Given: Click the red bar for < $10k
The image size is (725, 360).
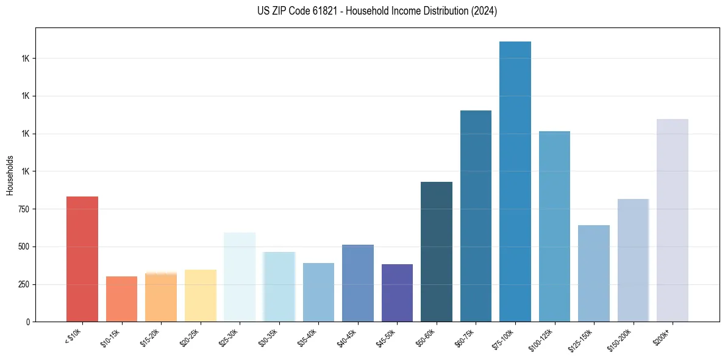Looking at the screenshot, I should click(82, 259).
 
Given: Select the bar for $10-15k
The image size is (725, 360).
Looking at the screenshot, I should click(121, 299).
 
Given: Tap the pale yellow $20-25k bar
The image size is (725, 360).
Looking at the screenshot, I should click(200, 295).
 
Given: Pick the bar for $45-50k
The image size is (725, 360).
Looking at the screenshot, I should click(397, 293).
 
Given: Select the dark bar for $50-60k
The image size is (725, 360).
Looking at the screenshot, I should click(437, 251).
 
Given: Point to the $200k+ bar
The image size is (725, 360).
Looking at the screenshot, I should click(673, 220).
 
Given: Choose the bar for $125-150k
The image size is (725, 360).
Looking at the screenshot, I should click(594, 273).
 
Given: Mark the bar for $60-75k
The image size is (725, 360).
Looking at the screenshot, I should click(476, 216).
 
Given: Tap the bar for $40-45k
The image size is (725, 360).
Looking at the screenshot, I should click(358, 283).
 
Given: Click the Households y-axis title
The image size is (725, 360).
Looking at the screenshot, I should click(10, 175).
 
